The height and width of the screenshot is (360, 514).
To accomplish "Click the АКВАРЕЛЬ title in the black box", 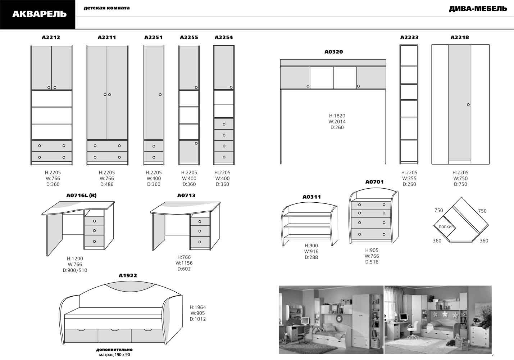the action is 40,14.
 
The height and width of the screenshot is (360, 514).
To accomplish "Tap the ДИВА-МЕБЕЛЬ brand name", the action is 478,9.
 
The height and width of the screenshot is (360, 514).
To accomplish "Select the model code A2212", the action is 51,37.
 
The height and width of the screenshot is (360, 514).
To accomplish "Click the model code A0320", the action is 334,51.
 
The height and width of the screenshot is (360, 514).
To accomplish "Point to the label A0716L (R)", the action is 81,195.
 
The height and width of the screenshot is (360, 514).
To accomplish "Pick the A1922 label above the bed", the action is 128,275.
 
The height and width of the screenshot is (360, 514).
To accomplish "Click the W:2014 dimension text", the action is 337,121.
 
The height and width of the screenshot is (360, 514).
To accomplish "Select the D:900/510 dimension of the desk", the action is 75,270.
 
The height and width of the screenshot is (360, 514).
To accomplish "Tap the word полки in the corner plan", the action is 445,226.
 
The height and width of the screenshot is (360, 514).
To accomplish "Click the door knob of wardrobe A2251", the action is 160,95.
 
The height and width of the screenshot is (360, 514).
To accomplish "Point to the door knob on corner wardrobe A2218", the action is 468,105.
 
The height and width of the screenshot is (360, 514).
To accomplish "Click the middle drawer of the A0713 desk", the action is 200,231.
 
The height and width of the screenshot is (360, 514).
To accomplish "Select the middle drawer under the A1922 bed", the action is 114,336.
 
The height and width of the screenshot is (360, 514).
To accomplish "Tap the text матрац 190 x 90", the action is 114,355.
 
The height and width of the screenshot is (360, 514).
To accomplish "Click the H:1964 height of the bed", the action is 198,307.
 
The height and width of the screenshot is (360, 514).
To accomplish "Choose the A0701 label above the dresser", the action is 374,182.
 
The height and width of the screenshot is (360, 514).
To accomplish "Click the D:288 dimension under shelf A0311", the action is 311,257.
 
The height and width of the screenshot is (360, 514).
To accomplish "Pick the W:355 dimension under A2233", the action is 409,179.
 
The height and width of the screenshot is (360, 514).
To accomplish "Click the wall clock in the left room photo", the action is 339,318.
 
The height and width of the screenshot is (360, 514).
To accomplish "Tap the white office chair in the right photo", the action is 413,330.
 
